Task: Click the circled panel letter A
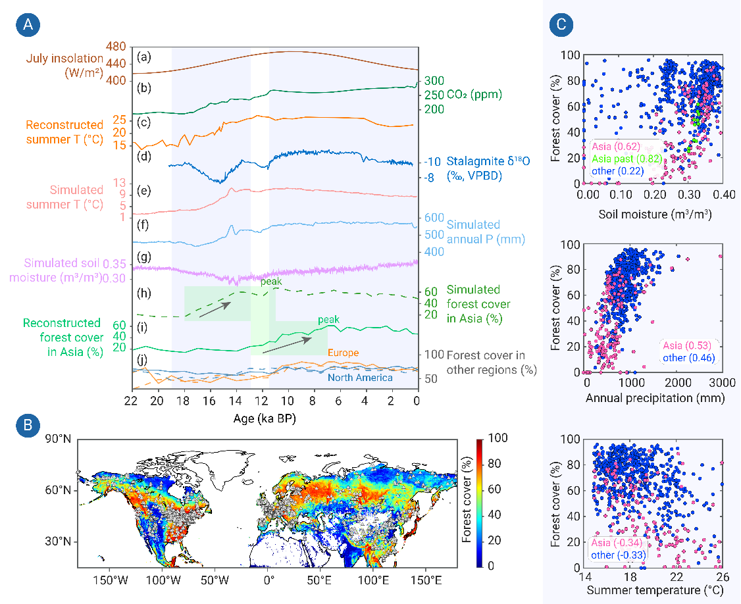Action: point(28,24)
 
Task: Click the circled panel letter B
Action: point(28,426)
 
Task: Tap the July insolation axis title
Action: point(64,65)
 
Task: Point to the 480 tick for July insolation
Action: point(116,47)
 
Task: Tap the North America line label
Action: point(360,378)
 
